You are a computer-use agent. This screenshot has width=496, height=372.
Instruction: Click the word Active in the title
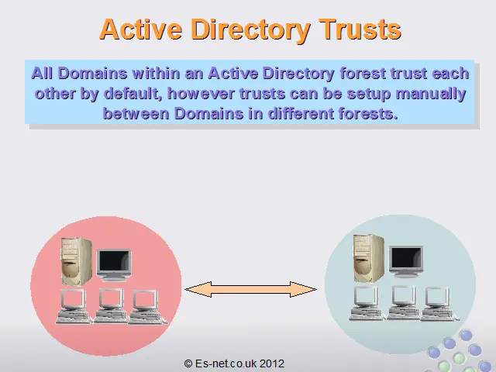[141, 29]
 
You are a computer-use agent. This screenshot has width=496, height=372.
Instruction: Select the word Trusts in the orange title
[360, 29]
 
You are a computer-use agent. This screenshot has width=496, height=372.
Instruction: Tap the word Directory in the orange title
[250, 30]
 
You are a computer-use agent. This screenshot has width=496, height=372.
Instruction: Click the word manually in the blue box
[431, 94]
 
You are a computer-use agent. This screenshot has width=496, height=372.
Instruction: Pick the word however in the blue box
[201, 94]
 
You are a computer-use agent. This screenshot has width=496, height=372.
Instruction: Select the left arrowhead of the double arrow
[198, 289]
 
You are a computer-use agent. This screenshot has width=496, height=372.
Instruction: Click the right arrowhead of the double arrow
[303, 289]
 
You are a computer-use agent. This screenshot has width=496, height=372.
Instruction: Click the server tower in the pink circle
[77, 262]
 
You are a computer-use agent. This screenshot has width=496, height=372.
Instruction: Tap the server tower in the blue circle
[369, 258]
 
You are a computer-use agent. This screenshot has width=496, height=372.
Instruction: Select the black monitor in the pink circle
[114, 265]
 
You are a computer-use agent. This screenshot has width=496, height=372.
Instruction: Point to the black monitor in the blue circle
[406, 262]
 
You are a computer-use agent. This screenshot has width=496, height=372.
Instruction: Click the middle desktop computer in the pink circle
[110, 306]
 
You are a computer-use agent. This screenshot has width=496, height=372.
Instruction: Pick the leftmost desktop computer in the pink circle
[74, 306]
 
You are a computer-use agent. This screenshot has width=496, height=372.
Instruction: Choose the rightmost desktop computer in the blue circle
[439, 304]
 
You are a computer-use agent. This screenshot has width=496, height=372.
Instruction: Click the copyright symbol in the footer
[188, 363]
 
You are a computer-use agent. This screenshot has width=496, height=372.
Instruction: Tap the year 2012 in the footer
[272, 363]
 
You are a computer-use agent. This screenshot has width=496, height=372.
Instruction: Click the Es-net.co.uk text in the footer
[226, 363]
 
